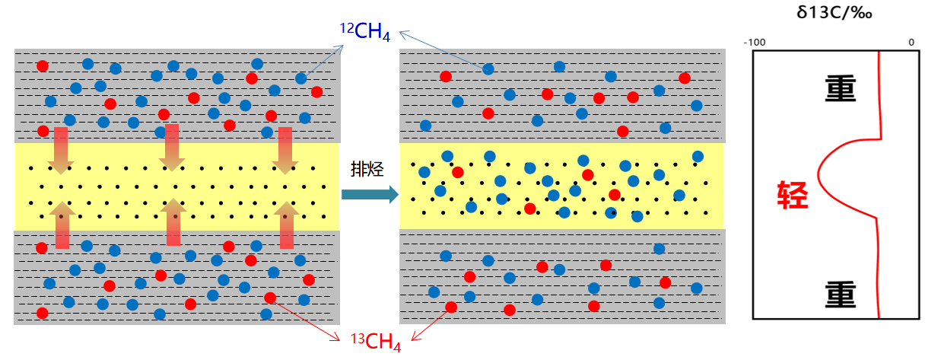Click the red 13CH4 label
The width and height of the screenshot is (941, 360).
point(375,342)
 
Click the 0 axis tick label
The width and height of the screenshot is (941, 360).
point(911,42)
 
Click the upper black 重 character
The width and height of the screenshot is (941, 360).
point(841,89)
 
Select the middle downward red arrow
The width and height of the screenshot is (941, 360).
point(172,147)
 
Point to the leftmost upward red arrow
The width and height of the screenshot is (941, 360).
point(62,225)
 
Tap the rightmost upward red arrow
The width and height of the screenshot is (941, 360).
point(287,225)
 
